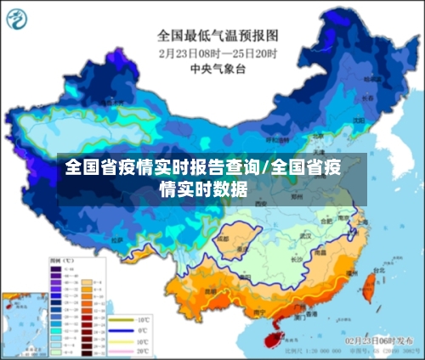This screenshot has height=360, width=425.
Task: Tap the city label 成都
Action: click(x=223, y=240)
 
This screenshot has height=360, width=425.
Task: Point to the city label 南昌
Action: click(x=320, y=253)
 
